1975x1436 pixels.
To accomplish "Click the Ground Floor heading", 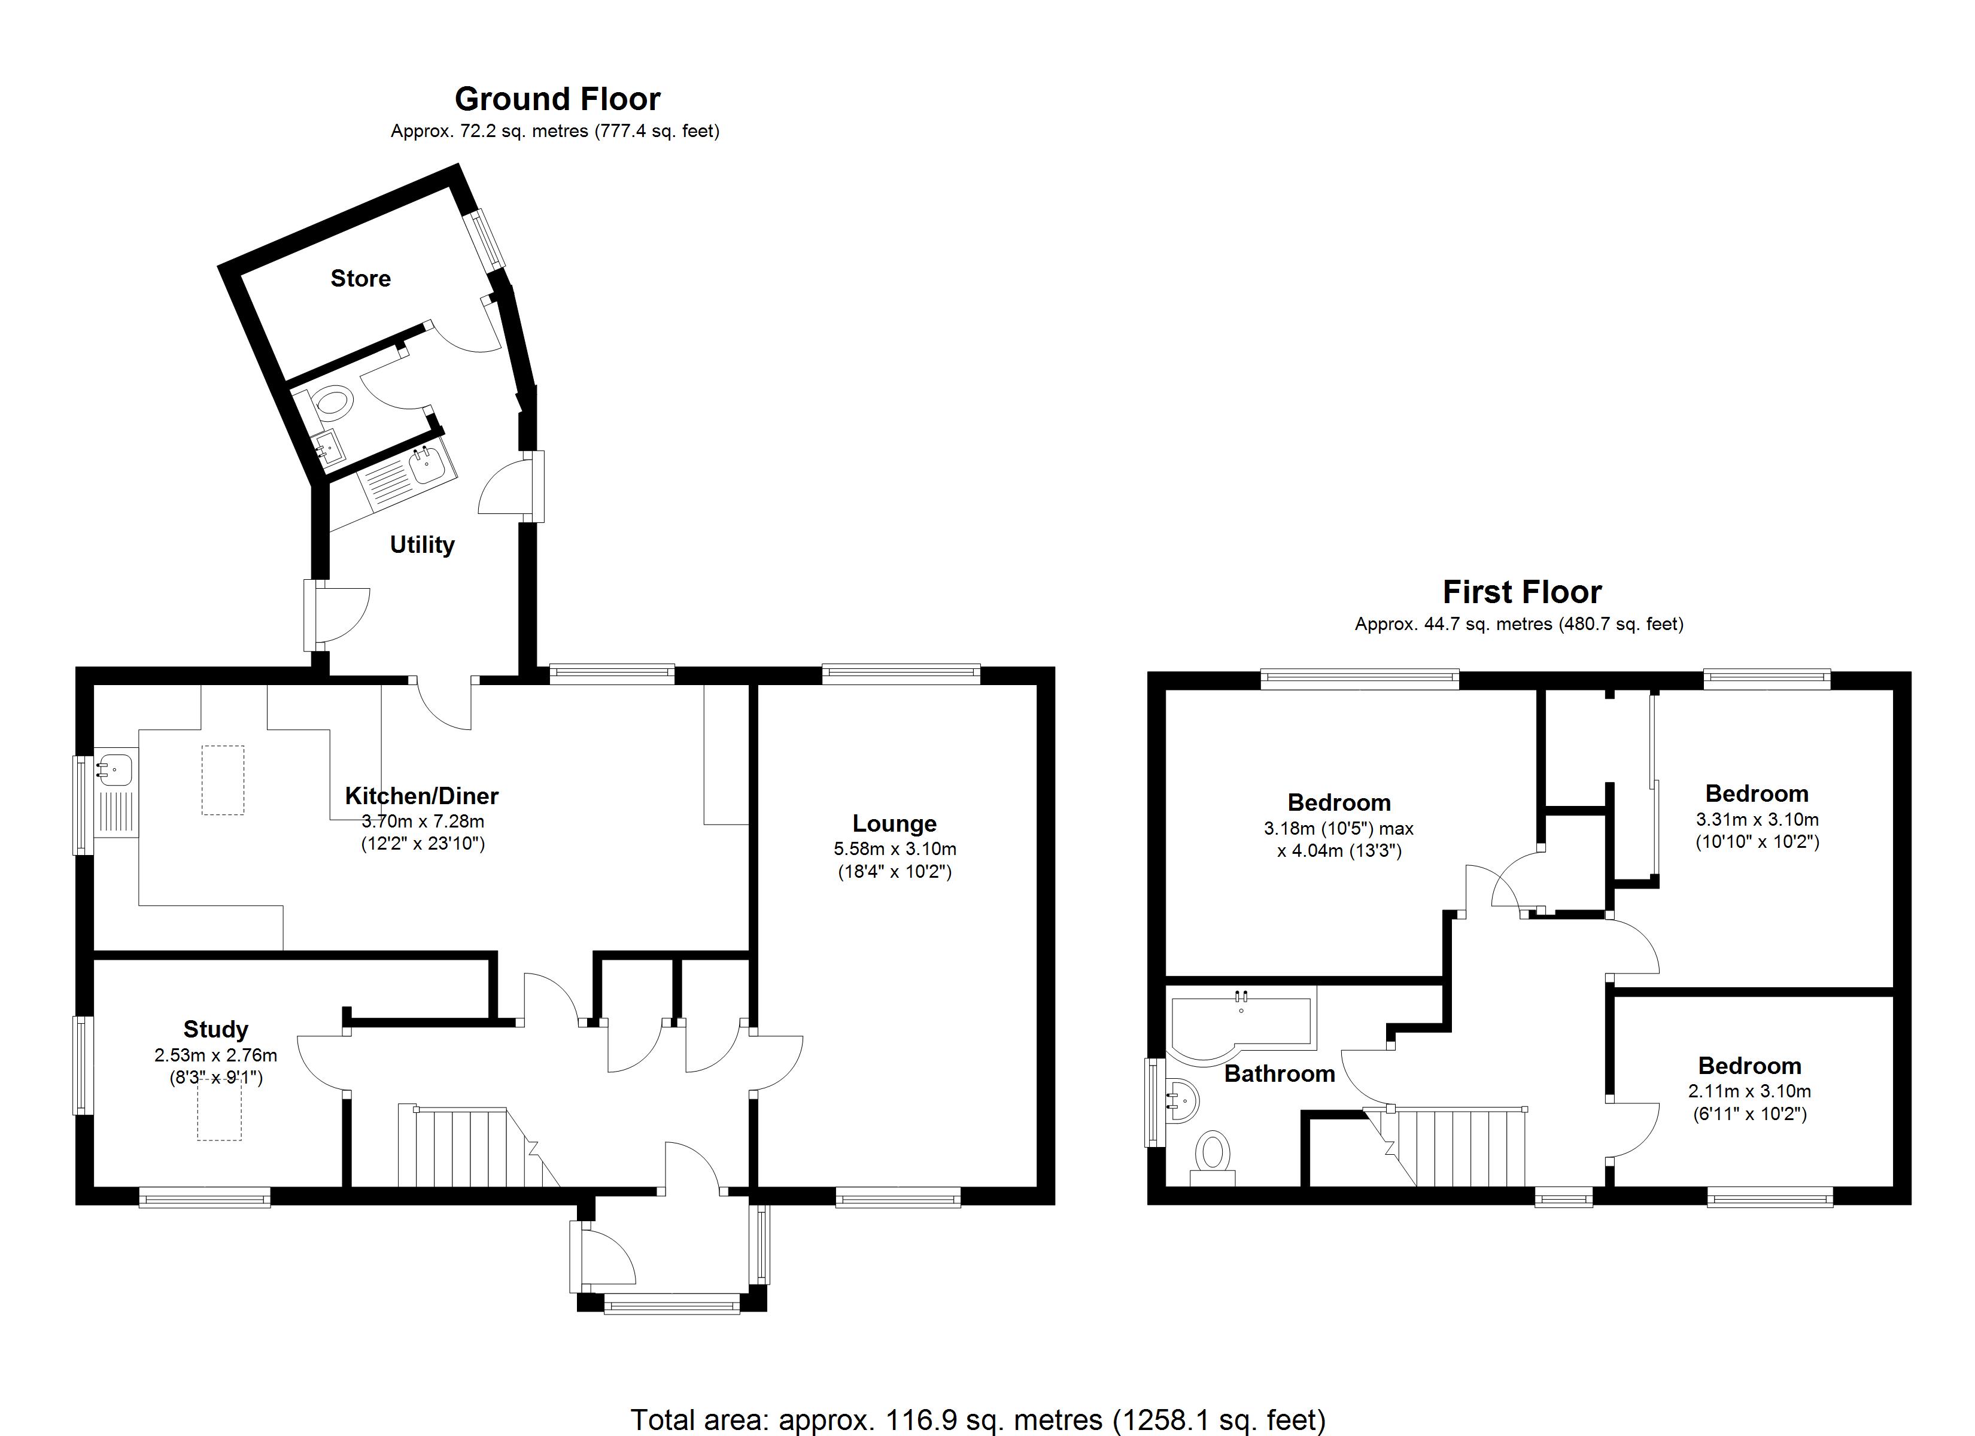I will [x=557, y=99].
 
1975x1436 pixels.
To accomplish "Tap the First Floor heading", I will [x=1521, y=592].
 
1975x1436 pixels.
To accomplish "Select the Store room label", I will [x=360, y=279].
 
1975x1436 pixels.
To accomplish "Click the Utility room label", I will [x=423, y=545].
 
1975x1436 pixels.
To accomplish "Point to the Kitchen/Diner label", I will [x=421, y=796].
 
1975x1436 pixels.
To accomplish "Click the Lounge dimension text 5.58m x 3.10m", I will [x=894, y=849].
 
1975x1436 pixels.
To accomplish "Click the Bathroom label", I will [x=1279, y=1074].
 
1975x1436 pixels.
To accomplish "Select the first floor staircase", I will [x=1463, y=1148].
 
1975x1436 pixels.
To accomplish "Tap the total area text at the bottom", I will [x=977, y=1419].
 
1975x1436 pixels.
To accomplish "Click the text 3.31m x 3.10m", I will [x=1757, y=820].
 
